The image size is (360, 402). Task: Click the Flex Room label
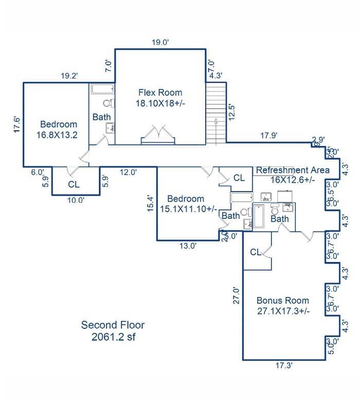coord(160,98)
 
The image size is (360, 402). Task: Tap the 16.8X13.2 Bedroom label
coord(59,130)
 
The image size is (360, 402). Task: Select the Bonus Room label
coord(282,306)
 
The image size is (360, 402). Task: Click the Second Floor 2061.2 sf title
coord(113,331)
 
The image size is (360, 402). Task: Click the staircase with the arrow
coord(215,114)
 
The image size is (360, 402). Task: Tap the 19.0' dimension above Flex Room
coord(159,43)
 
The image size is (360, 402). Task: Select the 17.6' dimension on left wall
coord(16,125)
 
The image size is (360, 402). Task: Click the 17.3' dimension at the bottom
coord(284,365)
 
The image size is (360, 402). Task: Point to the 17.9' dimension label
coord(268,136)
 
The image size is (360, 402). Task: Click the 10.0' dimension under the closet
coord(76,201)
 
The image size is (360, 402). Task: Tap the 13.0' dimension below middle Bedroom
coord(188,246)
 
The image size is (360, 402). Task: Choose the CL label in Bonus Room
coord(256,252)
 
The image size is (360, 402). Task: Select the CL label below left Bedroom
coord(74,184)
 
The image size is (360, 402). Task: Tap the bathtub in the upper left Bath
coord(103,89)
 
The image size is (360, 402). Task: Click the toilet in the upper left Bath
coord(107,103)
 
